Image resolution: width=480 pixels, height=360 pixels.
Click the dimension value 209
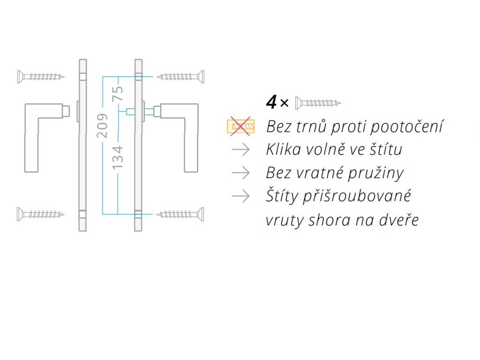104,125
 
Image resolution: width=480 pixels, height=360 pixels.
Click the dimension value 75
119,93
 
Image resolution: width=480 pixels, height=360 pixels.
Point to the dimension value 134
119,157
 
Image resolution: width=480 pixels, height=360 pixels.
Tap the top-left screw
40,76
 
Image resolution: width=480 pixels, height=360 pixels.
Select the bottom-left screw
40,214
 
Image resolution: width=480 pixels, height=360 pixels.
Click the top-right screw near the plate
180,76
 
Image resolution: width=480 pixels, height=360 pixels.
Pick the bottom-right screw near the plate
180,214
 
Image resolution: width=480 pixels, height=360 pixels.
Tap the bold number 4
271,102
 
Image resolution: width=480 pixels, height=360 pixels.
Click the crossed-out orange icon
240,126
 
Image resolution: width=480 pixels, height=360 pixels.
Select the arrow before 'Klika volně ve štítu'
240,150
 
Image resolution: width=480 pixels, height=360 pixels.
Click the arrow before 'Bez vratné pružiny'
240,173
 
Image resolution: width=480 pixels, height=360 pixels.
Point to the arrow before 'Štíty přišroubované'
240,196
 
